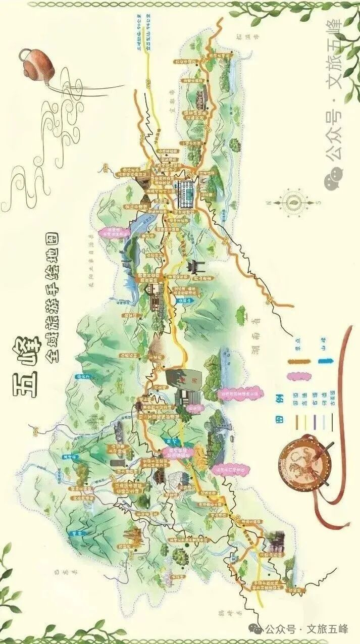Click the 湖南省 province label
click(251, 323)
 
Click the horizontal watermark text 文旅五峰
click(328, 629)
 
